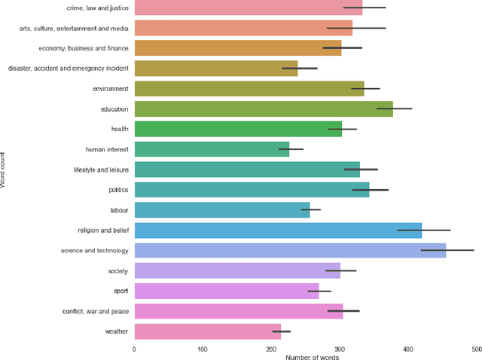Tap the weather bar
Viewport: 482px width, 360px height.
(x=207, y=331)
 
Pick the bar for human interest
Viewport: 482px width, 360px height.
(x=212, y=149)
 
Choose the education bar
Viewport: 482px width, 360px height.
(x=264, y=109)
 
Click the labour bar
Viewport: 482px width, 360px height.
(x=222, y=210)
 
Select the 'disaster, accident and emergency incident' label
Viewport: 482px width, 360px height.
(x=69, y=69)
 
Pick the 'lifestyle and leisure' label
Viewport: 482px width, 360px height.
(x=101, y=169)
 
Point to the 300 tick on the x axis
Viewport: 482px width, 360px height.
(x=340, y=349)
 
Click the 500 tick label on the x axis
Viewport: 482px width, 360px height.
(x=477, y=349)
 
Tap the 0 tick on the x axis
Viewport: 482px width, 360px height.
(x=134, y=349)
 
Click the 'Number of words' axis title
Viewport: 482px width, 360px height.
(x=312, y=357)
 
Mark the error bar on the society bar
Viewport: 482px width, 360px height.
(x=341, y=270)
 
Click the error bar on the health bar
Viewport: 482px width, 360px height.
(x=343, y=129)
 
